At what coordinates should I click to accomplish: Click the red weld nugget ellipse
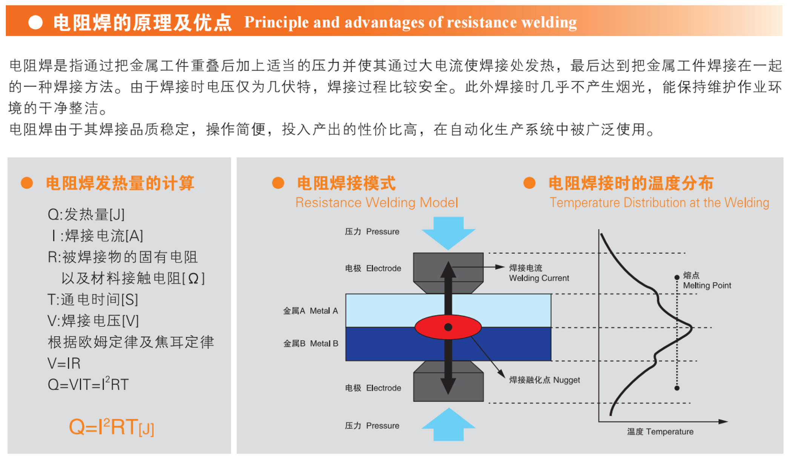pos(448,327)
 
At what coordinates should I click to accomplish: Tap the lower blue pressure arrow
pos(448,424)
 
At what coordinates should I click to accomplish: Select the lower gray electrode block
pos(448,381)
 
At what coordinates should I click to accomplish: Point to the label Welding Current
pos(539,278)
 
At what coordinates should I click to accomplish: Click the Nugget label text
pos(566,380)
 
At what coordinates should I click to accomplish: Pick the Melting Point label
pos(707,285)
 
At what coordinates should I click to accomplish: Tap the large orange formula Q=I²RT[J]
pos(112,427)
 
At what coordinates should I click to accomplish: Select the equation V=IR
pos(64,363)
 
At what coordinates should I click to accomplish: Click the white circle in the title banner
pos(35,22)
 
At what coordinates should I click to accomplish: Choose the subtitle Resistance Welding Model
pos(376,202)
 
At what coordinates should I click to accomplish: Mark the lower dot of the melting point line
pos(677,388)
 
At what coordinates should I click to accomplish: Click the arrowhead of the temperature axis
pos(723,422)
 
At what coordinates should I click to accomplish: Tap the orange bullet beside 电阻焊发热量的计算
pos(27,183)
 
